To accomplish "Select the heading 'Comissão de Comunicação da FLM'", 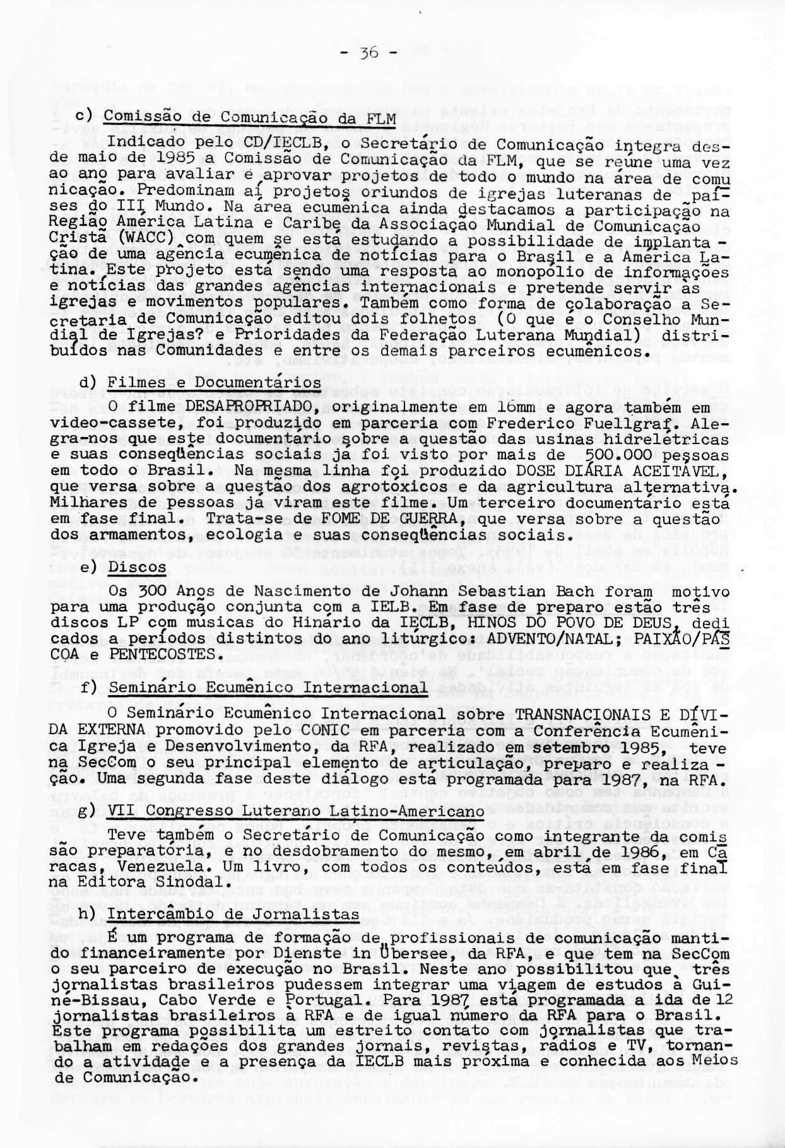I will tap(250, 118).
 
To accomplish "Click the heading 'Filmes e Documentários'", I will tap(215, 383).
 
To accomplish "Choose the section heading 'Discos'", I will tap(137, 567).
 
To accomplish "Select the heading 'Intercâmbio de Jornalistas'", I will tap(229, 915).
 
